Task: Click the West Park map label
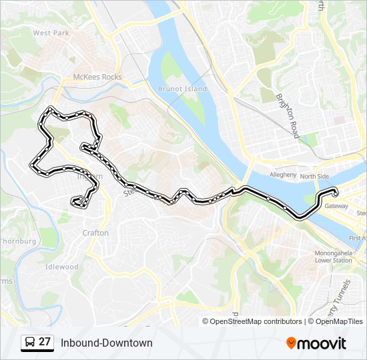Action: tap(51, 33)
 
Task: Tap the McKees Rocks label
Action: tap(97, 77)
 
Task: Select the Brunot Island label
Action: tap(182, 89)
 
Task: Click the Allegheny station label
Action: tap(282, 175)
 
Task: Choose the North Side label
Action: tap(314, 177)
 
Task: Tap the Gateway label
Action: tap(337, 207)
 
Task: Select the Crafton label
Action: tap(95, 233)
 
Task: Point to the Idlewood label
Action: tap(61, 267)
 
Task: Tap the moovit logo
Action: tap(316, 343)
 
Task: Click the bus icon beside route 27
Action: tap(29, 342)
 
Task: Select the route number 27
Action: tap(45, 342)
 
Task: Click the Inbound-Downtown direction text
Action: tap(107, 343)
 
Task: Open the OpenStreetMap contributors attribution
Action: tap(256, 321)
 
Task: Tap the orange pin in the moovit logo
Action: tap(291, 343)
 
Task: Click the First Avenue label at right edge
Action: tap(358, 238)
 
